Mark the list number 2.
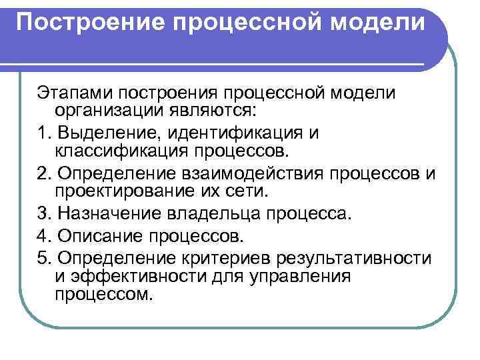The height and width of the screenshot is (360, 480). coord(44,175)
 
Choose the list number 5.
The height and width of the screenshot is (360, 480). coord(44,259)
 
